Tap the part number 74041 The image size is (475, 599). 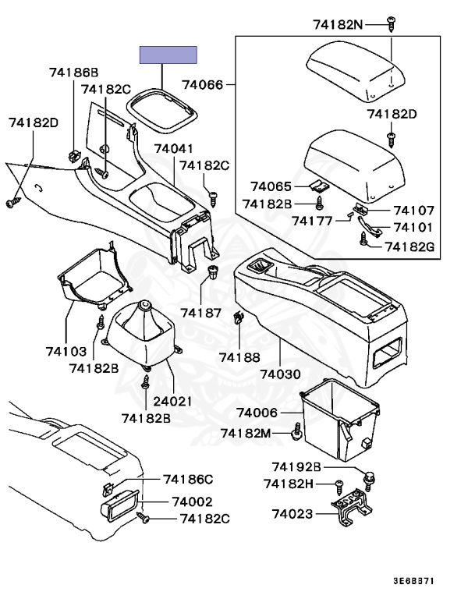pyautogui.click(x=173, y=148)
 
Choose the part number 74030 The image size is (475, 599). pyautogui.click(x=279, y=374)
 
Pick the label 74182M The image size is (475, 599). pyautogui.click(x=245, y=433)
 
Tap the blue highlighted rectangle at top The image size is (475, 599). pyautogui.click(x=168, y=55)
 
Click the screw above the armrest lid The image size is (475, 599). pyautogui.click(x=392, y=25)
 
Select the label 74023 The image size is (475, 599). pyautogui.click(x=293, y=514)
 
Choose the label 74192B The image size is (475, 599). pyautogui.click(x=296, y=467)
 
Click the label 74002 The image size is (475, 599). pyautogui.click(x=191, y=502)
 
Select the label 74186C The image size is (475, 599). pyautogui.click(x=188, y=478)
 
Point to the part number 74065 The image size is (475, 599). pyautogui.click(x=271, y=186)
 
